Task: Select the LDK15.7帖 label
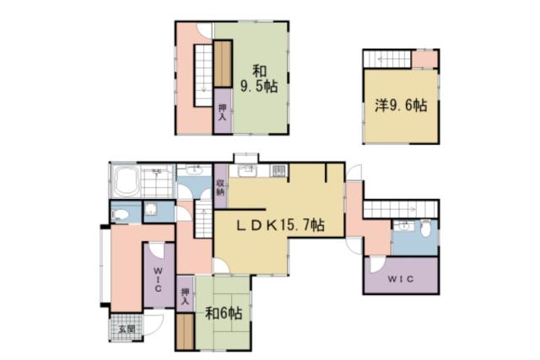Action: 279,224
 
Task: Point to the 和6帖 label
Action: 224,314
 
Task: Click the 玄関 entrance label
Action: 126,329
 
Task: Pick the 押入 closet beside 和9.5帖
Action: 222,112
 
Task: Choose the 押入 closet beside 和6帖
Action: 185,297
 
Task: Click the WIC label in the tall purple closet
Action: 158,277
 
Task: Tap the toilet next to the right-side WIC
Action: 424,229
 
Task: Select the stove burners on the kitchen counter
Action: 278,172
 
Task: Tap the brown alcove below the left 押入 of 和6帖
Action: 185,333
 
